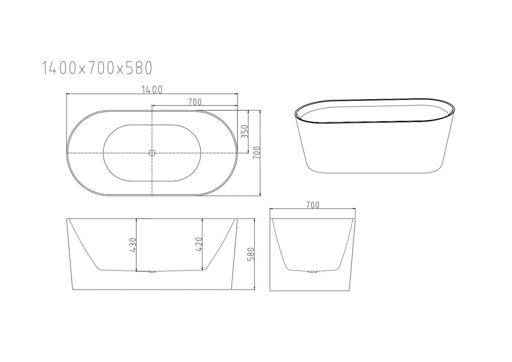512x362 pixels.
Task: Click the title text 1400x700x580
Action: point(97,68)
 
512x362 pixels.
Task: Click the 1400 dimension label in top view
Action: point(152,89)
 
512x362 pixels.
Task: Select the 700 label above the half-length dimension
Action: point(194,102)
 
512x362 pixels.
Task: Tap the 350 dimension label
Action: point(243,132)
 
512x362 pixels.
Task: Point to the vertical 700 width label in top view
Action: point(255,153)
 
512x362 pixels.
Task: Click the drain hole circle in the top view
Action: point(152,153)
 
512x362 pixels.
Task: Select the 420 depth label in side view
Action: point(198,245)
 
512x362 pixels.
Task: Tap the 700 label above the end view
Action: point(312,205)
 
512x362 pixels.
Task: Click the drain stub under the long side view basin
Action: point(151,273)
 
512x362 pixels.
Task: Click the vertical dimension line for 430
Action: point(137,245)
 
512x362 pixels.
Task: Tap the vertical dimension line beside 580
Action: point(255,254)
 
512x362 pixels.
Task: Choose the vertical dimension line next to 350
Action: point(248,132)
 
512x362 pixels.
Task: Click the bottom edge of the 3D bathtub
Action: point(375,173)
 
